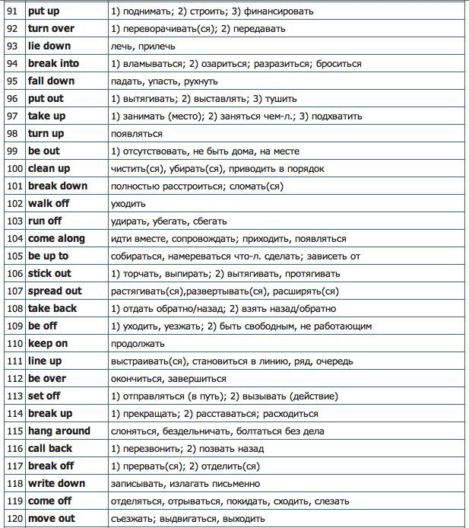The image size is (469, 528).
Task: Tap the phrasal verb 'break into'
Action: click(x=53, y=64)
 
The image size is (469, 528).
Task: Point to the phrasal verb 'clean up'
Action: click(x=50, y=169)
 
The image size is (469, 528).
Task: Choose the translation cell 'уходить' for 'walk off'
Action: click(x=128, y=204)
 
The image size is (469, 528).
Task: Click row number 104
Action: click(x=14, y=239)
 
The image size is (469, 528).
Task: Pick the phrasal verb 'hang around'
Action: click(x=59, y=431)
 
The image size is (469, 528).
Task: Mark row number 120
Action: click(x=14, y=519)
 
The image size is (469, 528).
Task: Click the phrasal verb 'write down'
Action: click(x=57, y=484)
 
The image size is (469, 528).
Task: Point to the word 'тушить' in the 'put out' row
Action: click(x=280, y=99)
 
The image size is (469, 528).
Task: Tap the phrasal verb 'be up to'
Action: click(x=48, y=256)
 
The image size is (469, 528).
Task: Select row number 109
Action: click(x=14, y=326)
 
